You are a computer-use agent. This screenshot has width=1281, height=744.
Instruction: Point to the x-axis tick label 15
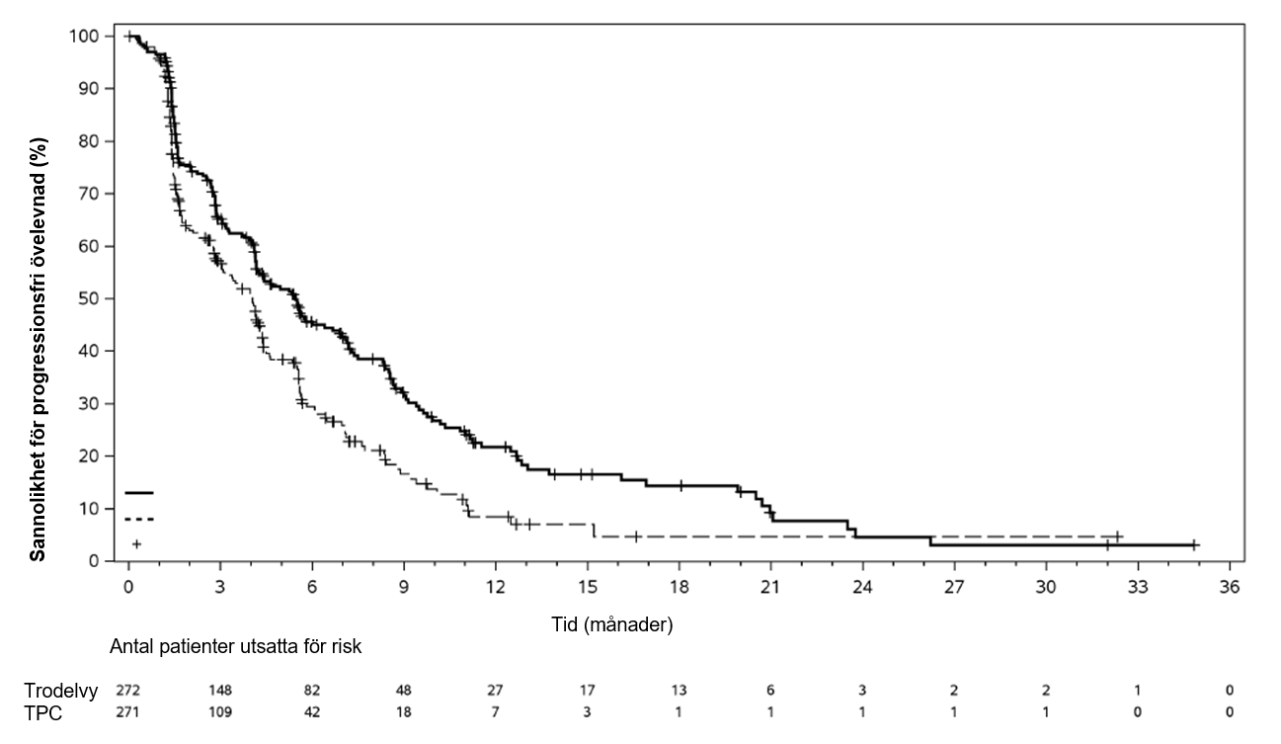[x=587, y=585]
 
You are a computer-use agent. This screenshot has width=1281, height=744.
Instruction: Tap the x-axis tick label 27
[x=954, y=585]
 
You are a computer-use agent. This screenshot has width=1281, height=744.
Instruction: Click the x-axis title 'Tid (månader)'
[x=612, y=624]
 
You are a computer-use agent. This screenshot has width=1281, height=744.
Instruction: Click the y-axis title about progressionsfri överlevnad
[x=38, y=298]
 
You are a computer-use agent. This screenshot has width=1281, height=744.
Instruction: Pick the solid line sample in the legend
[x=139, y=492]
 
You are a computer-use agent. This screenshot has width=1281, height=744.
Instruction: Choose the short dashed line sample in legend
[x=139, y=519]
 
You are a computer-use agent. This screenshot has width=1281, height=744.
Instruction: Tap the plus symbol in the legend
[x=137, y=544]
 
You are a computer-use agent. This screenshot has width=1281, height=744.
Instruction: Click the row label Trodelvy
[x=61, y=691]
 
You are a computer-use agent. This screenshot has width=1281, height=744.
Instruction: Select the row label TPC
[x=43, y=712]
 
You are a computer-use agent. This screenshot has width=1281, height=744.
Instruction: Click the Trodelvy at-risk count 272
[x=128, y=691]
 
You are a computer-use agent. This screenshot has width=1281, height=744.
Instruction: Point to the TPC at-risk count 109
[x=220, y=712]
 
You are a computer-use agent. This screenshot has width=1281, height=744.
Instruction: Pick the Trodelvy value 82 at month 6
[x=312, y=691]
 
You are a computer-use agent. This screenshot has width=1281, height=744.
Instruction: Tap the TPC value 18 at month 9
[x=403, y=712]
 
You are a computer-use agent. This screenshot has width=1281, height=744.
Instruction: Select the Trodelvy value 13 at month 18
[x=679, y=691]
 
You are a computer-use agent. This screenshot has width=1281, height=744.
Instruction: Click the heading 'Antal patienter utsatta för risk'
[x=236, y=648]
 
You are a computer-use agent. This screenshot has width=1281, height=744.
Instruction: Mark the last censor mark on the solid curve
[x=1194, y=544]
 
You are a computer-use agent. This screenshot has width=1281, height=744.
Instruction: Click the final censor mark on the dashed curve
[x=1118, y=537]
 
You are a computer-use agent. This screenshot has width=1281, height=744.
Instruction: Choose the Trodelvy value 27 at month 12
[x=495, y=691]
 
